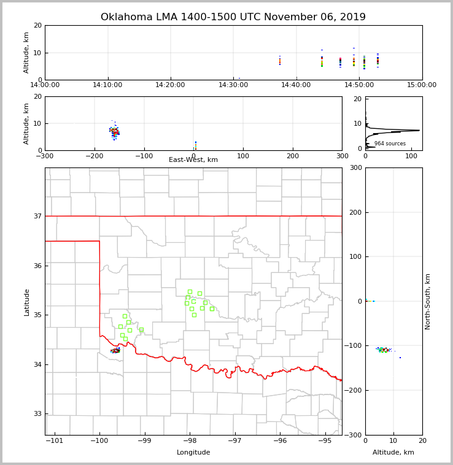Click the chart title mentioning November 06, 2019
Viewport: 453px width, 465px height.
[233, 17]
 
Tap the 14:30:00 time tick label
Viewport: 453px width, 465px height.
[233, 85]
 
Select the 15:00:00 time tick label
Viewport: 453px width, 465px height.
[422, 85]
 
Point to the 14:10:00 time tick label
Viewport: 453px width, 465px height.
[108, 85]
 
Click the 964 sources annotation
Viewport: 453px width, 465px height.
[390, 144]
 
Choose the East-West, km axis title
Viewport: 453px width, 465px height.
[193, 160]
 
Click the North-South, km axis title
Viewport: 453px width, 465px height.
[428, 301]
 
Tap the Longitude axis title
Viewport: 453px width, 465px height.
[193, 453]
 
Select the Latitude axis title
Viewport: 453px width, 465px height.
[26, 302]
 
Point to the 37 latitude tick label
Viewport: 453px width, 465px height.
[37, 216]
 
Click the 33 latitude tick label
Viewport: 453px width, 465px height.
[37, 413]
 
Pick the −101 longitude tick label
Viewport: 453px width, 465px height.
[54, 440]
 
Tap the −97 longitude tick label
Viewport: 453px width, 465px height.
[235, 440]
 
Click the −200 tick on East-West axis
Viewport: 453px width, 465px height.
[95, 156]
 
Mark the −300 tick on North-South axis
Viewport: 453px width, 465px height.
[373, 435]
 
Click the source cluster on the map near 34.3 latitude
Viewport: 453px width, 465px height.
[115, 350]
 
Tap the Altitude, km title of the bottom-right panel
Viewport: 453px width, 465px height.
[393, 453]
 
